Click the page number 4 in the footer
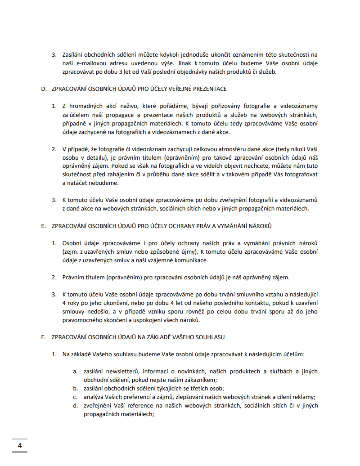20,445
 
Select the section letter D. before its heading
44,89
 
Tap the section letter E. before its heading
44,226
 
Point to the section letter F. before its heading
44,337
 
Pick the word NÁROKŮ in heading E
259,226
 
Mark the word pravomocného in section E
81,320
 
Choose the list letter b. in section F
76,388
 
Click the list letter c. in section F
76,397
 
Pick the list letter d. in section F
76,405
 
